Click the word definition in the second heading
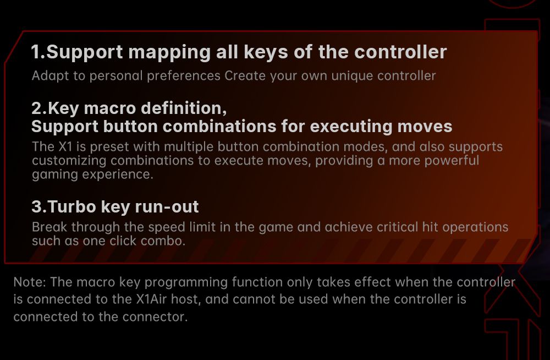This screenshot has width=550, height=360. (x=184, y=108)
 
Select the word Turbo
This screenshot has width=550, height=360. (x=72, y=206)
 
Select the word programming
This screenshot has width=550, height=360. (x=186, y=283)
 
